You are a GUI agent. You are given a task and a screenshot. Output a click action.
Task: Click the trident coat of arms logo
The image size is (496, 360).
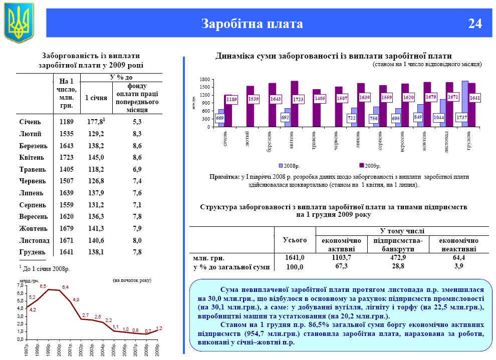point(19,23)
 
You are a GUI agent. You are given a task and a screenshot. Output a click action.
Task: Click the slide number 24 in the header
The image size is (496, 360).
point(475,24)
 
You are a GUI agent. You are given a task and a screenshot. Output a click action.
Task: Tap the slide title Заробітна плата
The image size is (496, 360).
point(252,24)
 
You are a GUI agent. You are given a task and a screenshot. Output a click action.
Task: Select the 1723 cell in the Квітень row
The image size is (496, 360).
point(66,157)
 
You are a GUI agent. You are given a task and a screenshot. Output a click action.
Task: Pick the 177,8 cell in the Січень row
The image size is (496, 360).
point(96,122)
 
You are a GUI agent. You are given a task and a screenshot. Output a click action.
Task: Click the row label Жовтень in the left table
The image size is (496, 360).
point(33,228)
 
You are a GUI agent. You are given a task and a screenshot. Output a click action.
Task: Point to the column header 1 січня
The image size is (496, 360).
point(96,98)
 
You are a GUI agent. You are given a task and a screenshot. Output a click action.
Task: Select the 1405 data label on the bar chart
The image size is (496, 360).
point(320,99)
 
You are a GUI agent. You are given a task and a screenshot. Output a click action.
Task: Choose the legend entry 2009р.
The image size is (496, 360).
point(371,165)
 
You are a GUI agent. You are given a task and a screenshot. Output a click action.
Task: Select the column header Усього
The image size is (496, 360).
point(295,239)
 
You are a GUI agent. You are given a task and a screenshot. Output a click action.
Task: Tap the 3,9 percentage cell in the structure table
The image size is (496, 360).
point(458,266)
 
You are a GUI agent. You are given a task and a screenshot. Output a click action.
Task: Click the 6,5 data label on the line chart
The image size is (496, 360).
point(43,286)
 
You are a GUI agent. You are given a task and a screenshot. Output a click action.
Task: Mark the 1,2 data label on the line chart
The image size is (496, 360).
point(159,328)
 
